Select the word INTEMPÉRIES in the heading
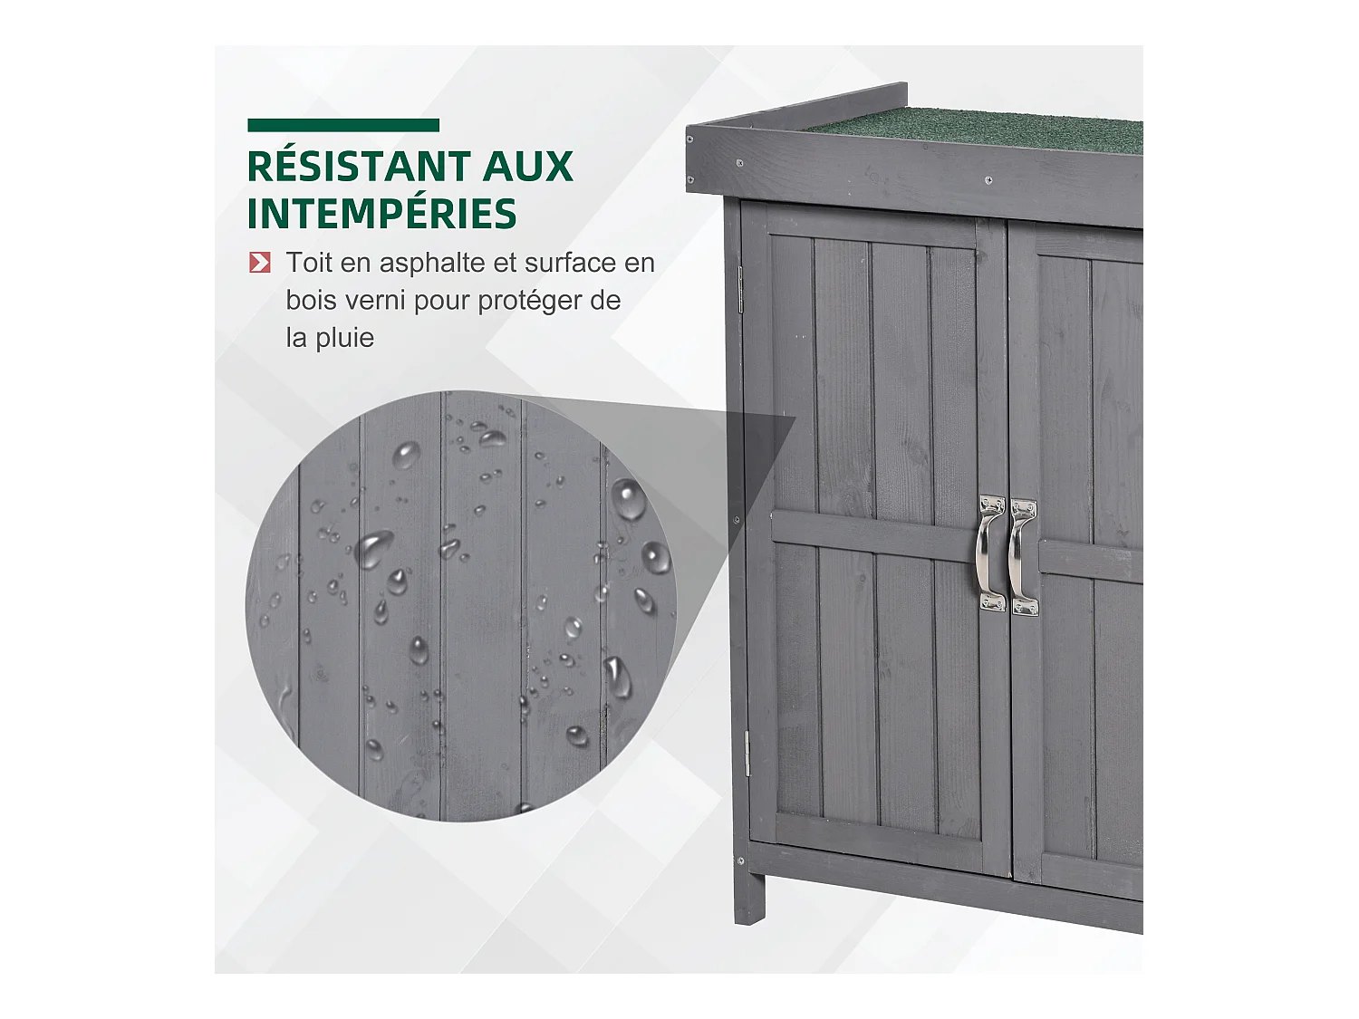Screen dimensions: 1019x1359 click(x=381, y=214)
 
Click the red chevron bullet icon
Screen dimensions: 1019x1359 click(x=260, y=263)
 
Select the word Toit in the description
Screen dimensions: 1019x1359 click(x=309, y=263)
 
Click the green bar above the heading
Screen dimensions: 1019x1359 click(x=343, y=126)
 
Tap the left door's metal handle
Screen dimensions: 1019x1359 click(x=988, y=553)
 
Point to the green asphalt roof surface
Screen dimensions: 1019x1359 click(x=978, y=131)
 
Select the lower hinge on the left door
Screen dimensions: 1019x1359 click(x=747, y=752)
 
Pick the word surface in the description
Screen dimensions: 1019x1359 click(x=571, y=263)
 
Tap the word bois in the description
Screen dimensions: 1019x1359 click(x=311, y=300)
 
